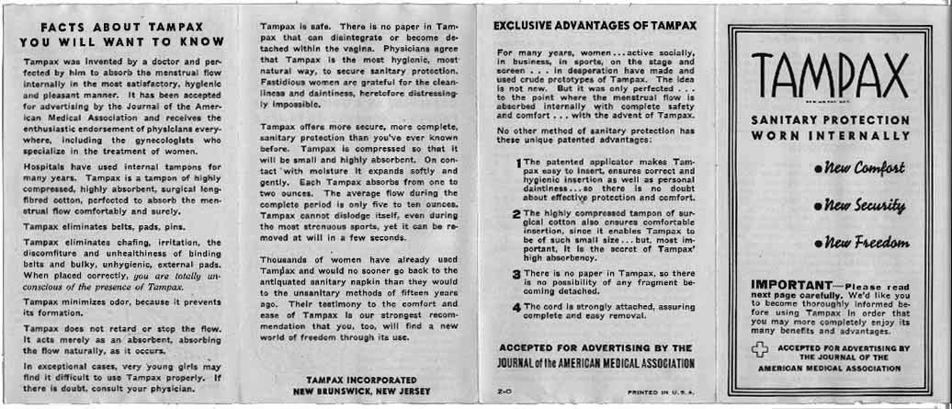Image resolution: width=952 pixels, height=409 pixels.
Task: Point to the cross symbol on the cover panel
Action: (758, 351)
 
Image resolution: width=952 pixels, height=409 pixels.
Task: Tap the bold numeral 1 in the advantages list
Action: (518, 165)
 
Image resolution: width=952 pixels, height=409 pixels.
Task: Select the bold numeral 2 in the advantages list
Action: (517, 213)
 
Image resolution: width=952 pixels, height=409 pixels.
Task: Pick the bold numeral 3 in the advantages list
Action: (517, 274)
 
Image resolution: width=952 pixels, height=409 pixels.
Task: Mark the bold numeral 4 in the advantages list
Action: (517, 307)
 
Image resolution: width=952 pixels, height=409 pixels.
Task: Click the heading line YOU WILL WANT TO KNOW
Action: (122, 42)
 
